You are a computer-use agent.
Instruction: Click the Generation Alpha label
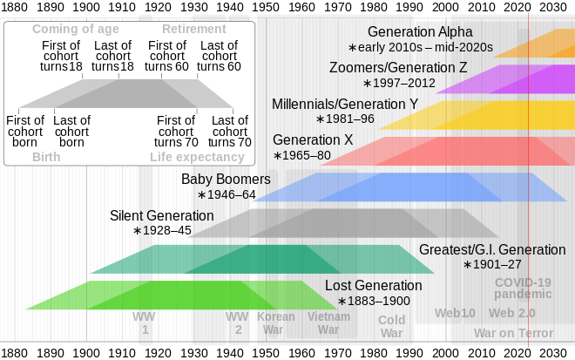(420, 32)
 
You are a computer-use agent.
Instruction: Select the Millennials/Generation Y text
(345, 104)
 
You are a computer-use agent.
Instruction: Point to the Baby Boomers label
(226, 180)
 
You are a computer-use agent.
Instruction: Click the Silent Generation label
(161, 215)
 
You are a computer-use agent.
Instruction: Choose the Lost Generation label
(373, 285)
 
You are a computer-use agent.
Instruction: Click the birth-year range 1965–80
(302, 155)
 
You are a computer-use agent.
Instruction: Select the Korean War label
(275, 323)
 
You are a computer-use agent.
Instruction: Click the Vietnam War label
(328, 323)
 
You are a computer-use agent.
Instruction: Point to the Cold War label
(391, 326)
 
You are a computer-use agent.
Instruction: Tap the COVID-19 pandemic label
(523, 289)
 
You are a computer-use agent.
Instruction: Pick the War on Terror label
(513, 333)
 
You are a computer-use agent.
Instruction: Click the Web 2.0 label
(512, 313)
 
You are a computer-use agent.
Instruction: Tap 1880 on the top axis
(15, 8)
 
